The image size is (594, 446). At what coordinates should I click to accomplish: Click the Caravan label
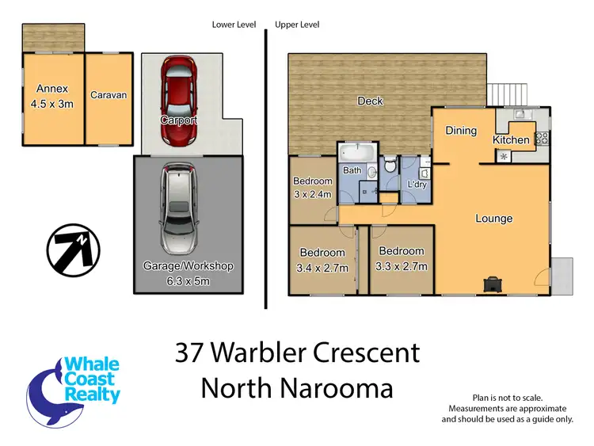pyautogui.click(x=109, y=95)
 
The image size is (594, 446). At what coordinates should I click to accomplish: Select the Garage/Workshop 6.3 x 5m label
pyautogui.click(x=188, y=273)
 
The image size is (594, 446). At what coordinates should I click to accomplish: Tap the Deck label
pyautogui.click(x=370, y=101)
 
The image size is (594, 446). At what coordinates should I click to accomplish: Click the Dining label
pyautogui.click(x=461, y=131)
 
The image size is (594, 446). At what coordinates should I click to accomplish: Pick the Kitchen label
pyautogui.click(x=511, y=140)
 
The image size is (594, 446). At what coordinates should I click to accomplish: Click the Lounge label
pyautogui.click(x=493, y=219)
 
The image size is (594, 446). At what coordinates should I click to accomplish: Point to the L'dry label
pyautogui.click(x=417, y=184)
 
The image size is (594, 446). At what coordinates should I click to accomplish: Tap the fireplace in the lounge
pyautogui.click(x=493, y=283)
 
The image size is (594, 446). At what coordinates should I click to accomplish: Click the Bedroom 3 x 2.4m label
pyautogui.click(x=313, y=187)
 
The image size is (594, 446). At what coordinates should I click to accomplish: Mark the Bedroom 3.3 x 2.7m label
pyautogui.click(x=402, y=261)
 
